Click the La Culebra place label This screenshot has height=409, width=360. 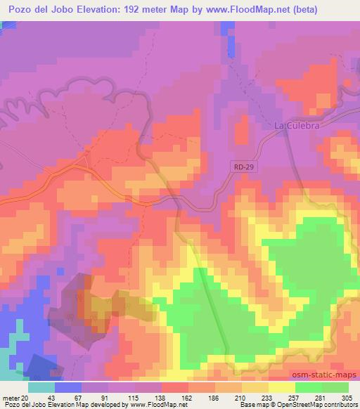coord(292,126)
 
